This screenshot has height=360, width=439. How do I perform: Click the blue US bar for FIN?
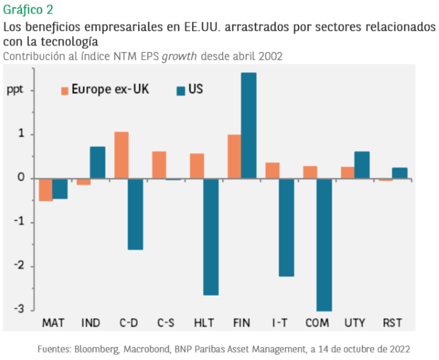(248, 125)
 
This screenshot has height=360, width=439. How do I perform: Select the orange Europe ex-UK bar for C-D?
(122, 155)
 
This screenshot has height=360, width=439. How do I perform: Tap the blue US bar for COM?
(324, 244)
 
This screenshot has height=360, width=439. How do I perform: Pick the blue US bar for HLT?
(211, 237)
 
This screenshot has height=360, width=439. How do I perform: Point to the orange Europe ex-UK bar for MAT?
(45, 189)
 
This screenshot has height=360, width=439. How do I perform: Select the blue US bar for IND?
(97, 162)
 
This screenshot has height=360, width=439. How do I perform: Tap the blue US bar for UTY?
(362, 165)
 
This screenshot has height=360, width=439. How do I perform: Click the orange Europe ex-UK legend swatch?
(64, 91)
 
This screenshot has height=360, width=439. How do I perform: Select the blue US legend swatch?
(180, 91)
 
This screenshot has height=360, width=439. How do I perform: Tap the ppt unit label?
(16, 90)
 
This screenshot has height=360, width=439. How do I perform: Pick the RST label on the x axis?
(392, 322)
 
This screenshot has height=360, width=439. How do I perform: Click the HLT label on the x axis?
(203, 322)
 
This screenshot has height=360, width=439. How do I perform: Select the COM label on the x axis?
(317, 322)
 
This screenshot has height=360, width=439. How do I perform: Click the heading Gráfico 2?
(27, 10)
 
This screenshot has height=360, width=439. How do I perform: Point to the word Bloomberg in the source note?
(104, 349)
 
